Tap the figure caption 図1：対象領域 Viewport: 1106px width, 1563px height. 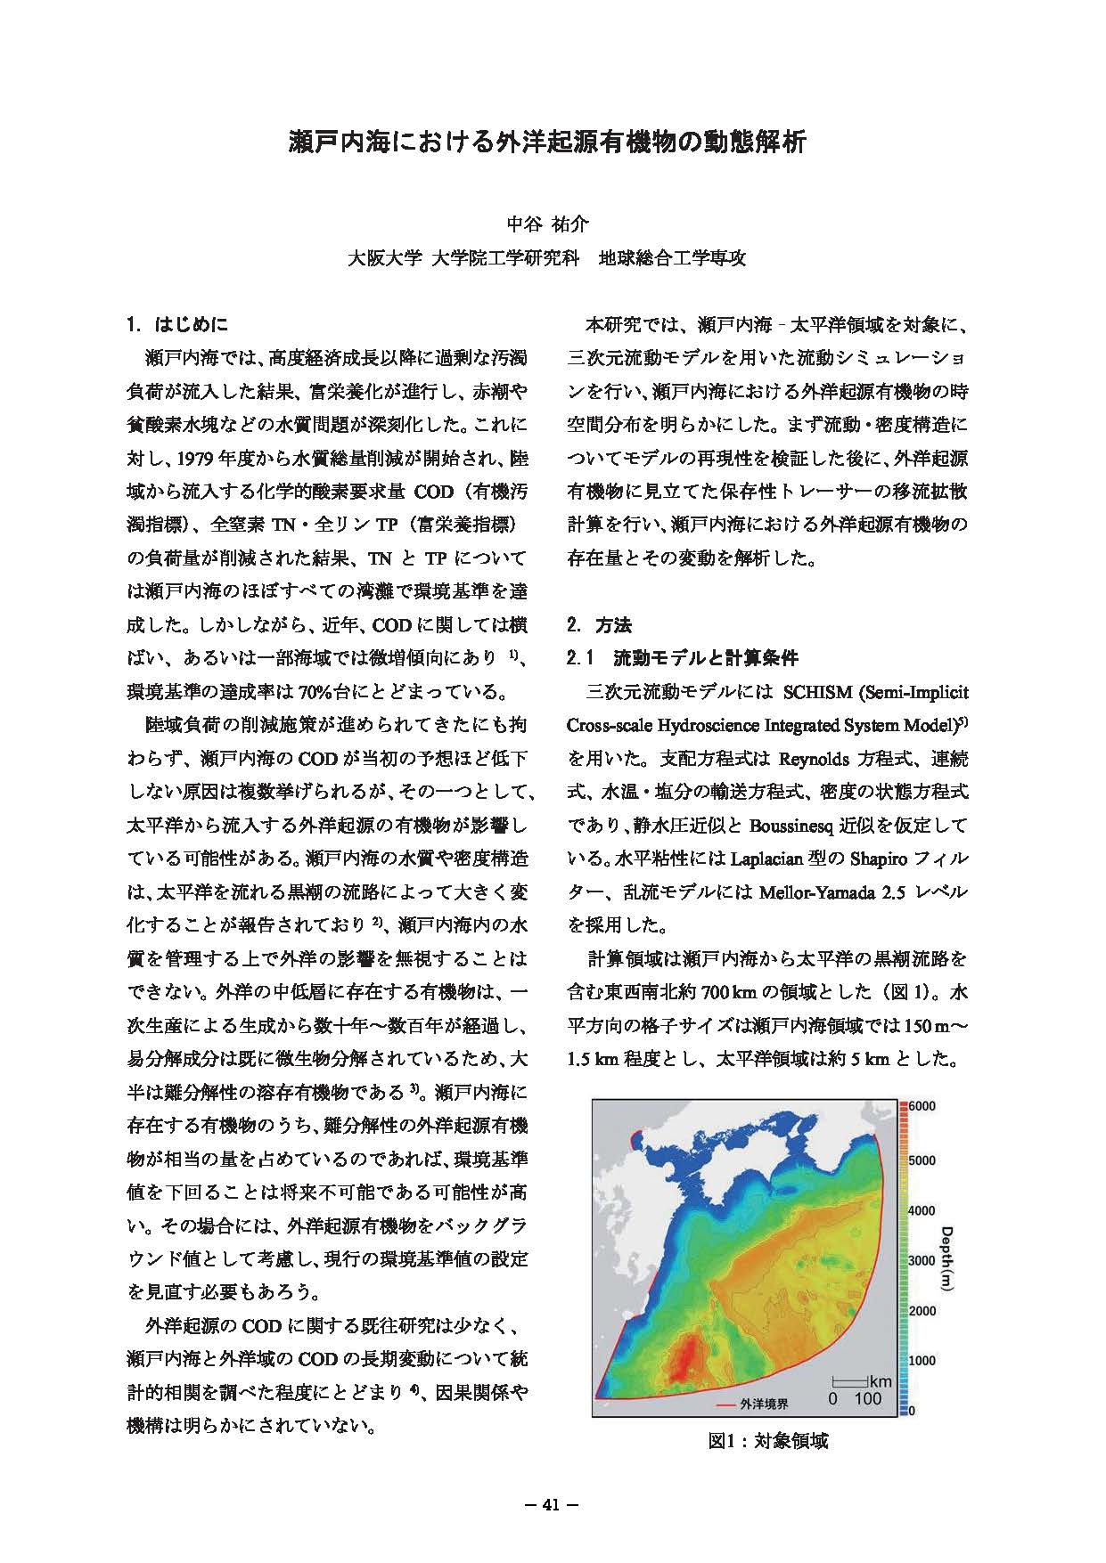coord(767,1440)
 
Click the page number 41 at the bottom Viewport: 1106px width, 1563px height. coord(552,1506)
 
